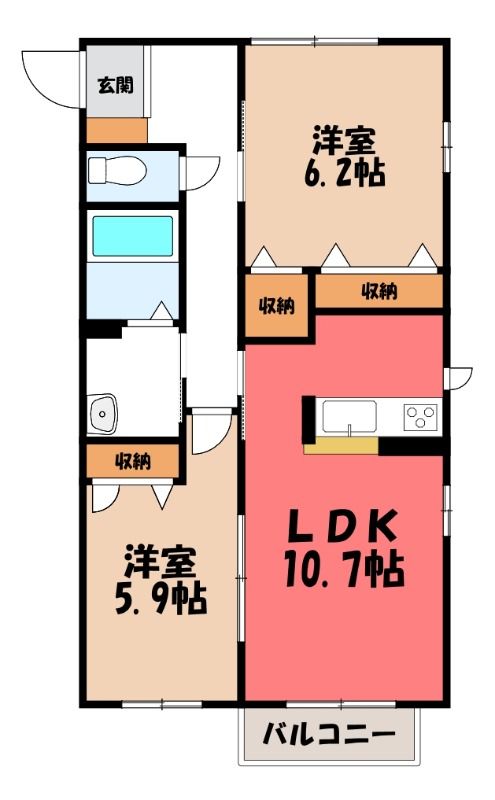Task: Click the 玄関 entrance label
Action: point(116,85)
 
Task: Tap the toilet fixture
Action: point(117,170)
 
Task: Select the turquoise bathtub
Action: point(132,236)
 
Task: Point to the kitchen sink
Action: point(350,416)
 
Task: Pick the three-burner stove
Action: point(422,416)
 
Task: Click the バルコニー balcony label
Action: point(329,736)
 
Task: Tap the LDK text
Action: point(343,527)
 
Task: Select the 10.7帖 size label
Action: point(344,569)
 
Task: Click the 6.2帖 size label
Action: point(344,172)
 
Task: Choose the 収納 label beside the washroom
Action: point(133,461)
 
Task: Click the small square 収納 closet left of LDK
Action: point(277,306)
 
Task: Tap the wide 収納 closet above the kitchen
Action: point(379,291)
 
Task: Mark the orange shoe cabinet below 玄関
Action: point(117,131)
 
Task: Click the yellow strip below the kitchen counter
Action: point(341,445)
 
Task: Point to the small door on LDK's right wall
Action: point(458,378)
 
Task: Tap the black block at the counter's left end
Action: point(309,419)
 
